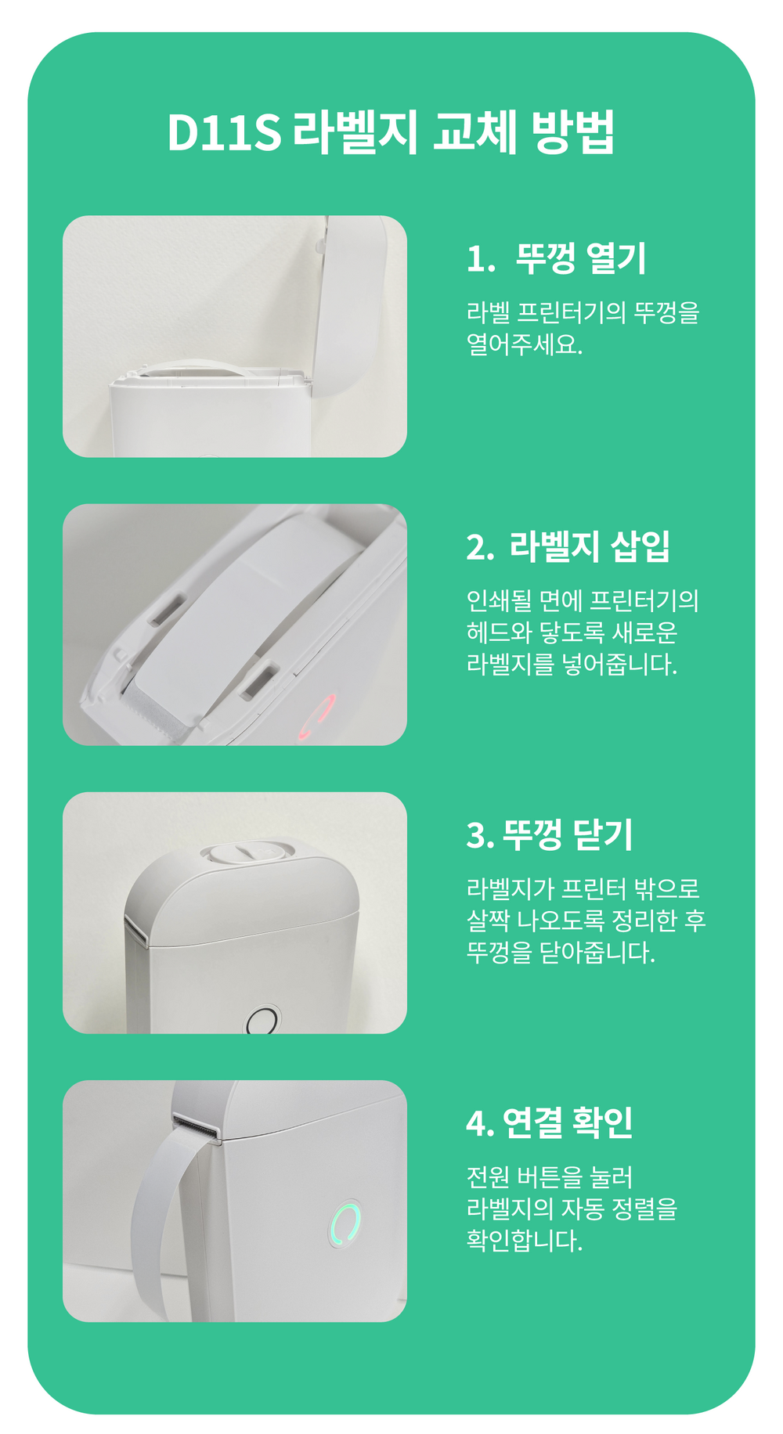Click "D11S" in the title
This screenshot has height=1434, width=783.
coord(224,132)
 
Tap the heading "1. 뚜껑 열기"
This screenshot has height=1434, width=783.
coord(556,258)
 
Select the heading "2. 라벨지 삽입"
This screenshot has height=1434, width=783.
coord(568,546)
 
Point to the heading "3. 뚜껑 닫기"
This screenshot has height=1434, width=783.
coord(549,834)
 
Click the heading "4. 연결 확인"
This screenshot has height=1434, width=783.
coord(549,1122)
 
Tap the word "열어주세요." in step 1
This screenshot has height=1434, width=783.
coord(525,344)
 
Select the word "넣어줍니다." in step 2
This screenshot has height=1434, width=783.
coord(620,665)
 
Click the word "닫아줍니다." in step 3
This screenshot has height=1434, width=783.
coord(597,953)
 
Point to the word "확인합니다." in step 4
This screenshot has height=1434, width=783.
coord(525,1241)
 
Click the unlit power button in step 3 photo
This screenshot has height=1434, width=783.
coord(262,1021)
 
